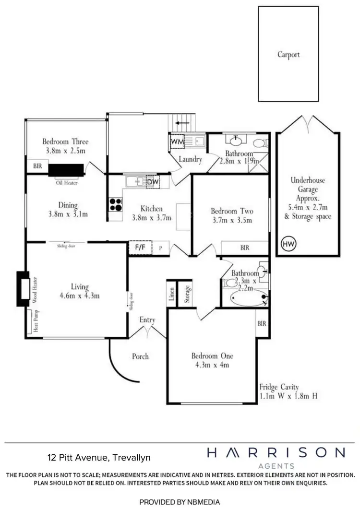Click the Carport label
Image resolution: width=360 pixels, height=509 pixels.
[x=288, y=55]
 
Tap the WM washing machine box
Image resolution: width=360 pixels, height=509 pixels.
[x=176, y=142]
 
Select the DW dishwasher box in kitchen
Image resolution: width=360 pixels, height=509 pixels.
[x=152, y=181]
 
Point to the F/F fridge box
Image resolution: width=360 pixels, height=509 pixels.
[x=140, y=248]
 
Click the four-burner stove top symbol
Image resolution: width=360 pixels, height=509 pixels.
[x=115, y=205]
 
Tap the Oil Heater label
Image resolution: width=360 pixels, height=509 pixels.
[x=67, y=183]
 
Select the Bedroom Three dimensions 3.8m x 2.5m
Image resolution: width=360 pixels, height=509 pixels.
[x=65, y=151]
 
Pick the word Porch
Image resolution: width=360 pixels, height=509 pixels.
[x=140, y=356]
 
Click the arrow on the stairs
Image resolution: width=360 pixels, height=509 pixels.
[x=182, y=123]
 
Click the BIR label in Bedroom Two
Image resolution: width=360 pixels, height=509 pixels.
[x=244, y=248]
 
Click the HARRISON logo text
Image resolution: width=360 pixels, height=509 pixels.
[x=276, y=452]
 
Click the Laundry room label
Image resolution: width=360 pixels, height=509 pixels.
[x=190, y=159]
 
